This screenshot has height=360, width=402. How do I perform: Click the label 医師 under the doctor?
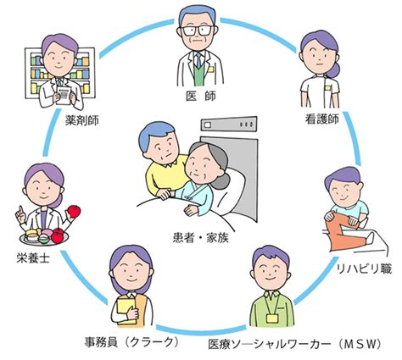point(201,97)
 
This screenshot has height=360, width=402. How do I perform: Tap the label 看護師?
point(321,119)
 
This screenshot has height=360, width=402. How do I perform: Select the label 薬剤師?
point(82,120)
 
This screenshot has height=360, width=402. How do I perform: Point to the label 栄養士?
point(33,258)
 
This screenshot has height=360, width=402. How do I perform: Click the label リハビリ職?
point(364,269)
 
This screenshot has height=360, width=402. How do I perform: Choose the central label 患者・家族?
point(200,238)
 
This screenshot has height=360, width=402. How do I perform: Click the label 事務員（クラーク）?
point(132,342)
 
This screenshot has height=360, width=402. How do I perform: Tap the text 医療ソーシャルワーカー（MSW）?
point(294,344)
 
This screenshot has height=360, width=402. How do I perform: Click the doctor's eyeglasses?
point(198,30)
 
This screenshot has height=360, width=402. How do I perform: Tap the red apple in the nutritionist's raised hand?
point(74,211)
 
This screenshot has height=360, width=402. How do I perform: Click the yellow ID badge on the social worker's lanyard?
point(272,318)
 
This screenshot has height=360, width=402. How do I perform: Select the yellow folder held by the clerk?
point(126,309)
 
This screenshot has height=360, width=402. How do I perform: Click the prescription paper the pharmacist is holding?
point(64,95)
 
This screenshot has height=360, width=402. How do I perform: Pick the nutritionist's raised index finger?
point(20,210)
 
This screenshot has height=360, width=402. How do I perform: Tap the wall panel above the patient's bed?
point(229,124)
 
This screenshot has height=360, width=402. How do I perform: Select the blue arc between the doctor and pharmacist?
point(135,36)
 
